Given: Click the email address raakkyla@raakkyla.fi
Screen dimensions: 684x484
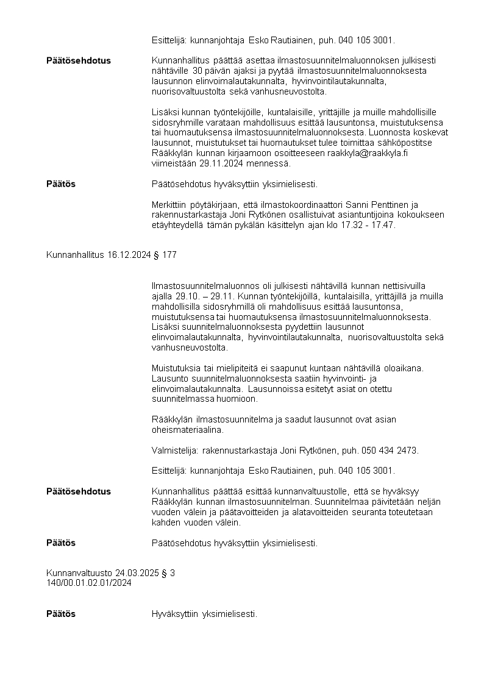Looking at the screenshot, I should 368,154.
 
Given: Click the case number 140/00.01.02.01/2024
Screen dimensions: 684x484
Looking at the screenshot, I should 89,583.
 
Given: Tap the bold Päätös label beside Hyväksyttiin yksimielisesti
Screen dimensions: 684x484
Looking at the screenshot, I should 61,614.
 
